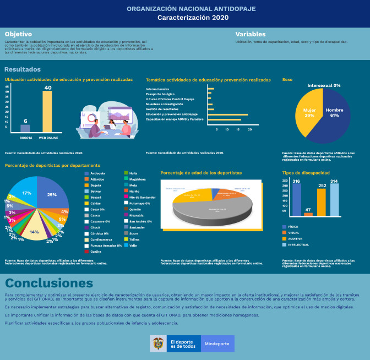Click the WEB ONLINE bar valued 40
pyautogui.click(x=47, y=111)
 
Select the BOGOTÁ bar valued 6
pyautogui.click(x=25, y=128)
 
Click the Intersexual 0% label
pyautogui.click(x=324, y=86)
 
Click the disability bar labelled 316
pyautogui.click(x=296, y=200)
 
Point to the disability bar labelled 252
pyautogui.click(x=322, y=202)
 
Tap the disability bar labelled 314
pyautogui.click(x=334, y=200)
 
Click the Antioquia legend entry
pyautogui.click(x=97, y=173)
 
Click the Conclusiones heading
pyautogui.click(x=49, y=283)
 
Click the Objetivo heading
pyautogui.click(x=18, y=34)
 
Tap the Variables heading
pyautogui.click(x=251, y=34)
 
